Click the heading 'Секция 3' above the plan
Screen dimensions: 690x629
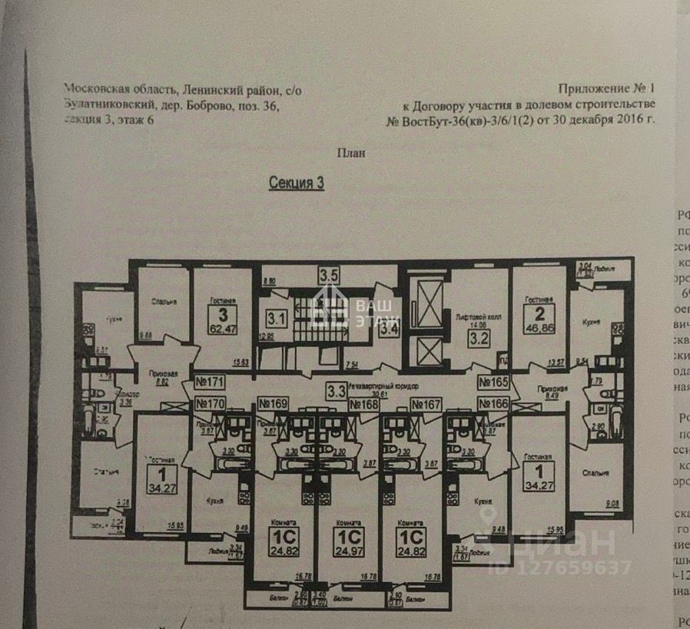(296, 183)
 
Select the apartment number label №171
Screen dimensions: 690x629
(209, 381)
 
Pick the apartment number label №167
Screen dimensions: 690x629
(425, 404)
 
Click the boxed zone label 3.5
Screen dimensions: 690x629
(330, 274)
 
